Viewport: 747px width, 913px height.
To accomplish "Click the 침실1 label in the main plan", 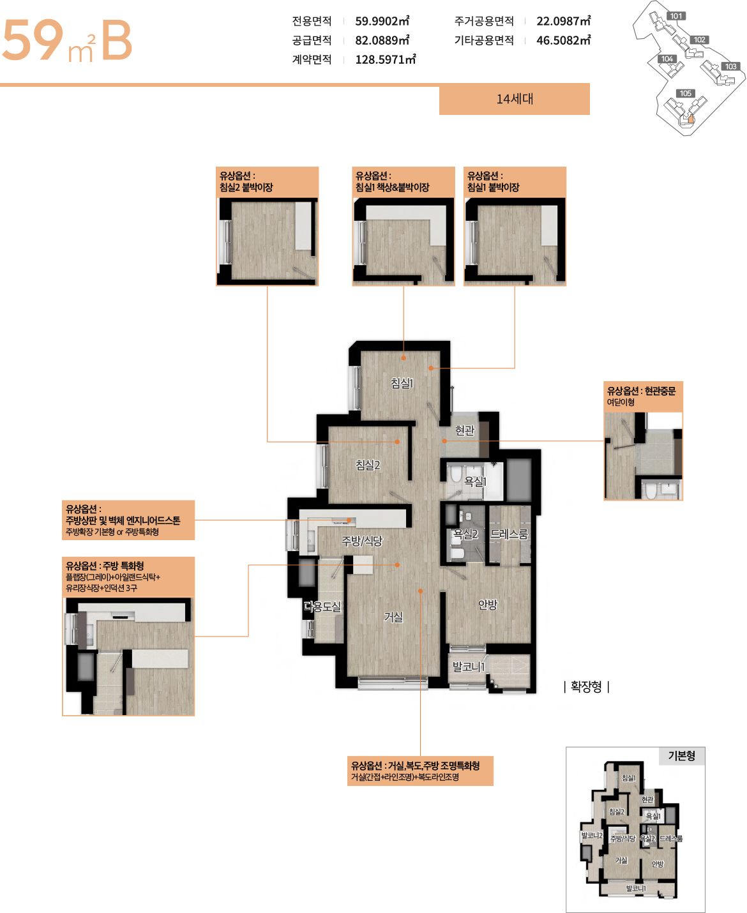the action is click(402, 383).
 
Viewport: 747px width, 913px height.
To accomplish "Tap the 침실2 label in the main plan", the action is click(368, 465).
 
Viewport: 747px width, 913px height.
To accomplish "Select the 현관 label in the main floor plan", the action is click(465, 430).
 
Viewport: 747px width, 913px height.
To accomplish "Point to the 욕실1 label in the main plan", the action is click(475, 481).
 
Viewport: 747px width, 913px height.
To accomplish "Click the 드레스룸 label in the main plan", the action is click(509, 534).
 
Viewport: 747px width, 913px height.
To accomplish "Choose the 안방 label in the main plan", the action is click(488, 605).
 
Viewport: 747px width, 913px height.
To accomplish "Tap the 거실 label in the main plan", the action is click(393, 617).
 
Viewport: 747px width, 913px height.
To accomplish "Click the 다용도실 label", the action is click(322, 607).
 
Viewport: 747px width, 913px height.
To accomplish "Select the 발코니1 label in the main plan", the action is click(468, 667).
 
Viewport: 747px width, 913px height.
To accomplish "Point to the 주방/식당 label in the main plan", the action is click(362, 541).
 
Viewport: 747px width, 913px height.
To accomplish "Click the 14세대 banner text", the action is click(515, 99).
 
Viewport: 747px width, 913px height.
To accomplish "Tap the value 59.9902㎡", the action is click(382, 21).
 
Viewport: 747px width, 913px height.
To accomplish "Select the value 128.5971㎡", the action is click(386, 59).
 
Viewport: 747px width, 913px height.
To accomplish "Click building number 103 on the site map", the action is click(730, 66).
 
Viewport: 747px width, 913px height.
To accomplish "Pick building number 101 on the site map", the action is click(676, 16).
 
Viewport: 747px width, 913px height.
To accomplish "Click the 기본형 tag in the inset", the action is click(681, 756).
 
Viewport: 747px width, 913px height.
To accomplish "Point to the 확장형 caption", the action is click(586, 686).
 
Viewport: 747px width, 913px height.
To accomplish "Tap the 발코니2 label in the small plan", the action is click(592, 836).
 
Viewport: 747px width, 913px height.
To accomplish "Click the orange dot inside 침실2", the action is click(397, 442).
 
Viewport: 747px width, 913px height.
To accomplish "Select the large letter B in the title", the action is click(116, 40).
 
